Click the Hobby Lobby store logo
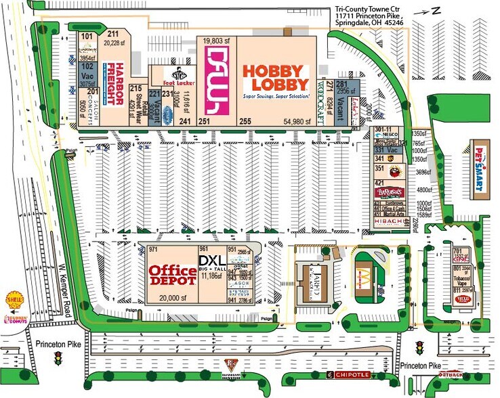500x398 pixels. click(x=276, y=79)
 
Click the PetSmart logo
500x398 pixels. click(x=480, y=168)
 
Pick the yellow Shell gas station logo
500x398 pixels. click(x=11, y=298)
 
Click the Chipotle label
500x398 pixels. click(x=352, y=374)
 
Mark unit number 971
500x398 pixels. click(x=152, y=250)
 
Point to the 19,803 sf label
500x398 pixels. click(x=217, y=41)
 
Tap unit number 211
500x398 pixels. click(x=112, y=35)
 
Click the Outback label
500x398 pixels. click(x=451, y=374)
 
